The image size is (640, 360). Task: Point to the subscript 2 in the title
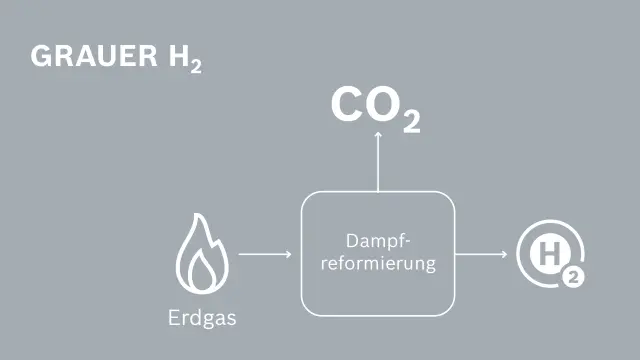point(194,67)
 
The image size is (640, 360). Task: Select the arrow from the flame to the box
point(265,254)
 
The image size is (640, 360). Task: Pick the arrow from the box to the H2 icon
point(481,254)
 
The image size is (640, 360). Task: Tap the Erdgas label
point(202,320)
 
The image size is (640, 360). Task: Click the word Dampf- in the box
point(378,242)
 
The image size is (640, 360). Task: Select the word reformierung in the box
point(378,265)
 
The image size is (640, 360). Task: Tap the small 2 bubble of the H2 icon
point(571,278)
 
